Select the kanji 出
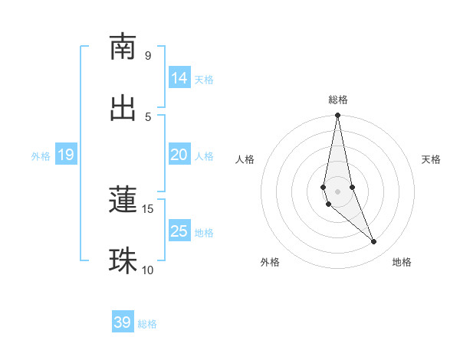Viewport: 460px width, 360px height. coord(123,108)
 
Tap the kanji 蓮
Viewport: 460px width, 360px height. coord(123,200)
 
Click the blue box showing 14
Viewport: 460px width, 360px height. coord(179,78)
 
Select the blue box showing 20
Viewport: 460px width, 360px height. coord(179,155)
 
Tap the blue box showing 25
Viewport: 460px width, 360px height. coord(179,231)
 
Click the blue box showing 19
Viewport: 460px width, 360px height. coord(66,155)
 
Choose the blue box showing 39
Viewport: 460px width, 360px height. coord(123,322)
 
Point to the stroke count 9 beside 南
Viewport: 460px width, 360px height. coord(148,55)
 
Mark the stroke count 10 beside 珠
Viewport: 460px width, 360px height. coord(148,270)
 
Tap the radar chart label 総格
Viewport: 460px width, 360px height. coord(338,100)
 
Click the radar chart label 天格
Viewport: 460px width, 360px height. coord(432,159)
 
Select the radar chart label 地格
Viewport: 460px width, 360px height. coord(402,262)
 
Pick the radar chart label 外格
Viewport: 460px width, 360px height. coord(270,262)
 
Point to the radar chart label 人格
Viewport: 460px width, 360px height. coord(245,159)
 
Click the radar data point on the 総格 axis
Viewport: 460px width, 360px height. coord(337,116)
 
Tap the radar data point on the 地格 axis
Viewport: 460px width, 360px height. coord(374,241)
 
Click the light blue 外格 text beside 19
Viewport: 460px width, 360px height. coord(41,155)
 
